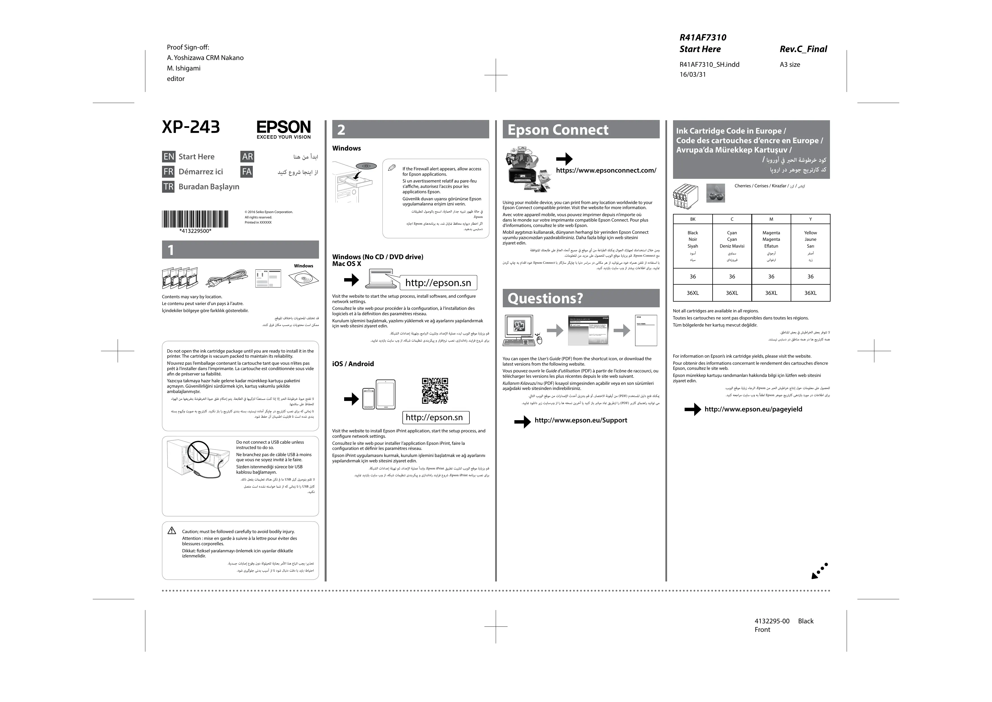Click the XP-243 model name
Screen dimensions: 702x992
[x=191, y=127]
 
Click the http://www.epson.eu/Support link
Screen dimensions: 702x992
[x=580, y=420]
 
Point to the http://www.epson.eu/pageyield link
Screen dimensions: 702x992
[x=753, y=409]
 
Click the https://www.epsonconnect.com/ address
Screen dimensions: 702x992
[x=606, y=170]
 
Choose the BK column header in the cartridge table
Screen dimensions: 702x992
[x=693, y=219]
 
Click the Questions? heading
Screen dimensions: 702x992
[x=545, y=298]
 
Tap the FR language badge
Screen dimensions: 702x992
[x=168, y=172]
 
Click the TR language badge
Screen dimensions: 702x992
[x=168, y=187]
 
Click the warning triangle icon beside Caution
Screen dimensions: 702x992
[x=172, y=531]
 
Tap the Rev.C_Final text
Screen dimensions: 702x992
[x=803, y=49]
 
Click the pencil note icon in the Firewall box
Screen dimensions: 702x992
[x=392, y=168]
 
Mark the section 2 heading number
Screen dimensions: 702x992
[x=341, y=130]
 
